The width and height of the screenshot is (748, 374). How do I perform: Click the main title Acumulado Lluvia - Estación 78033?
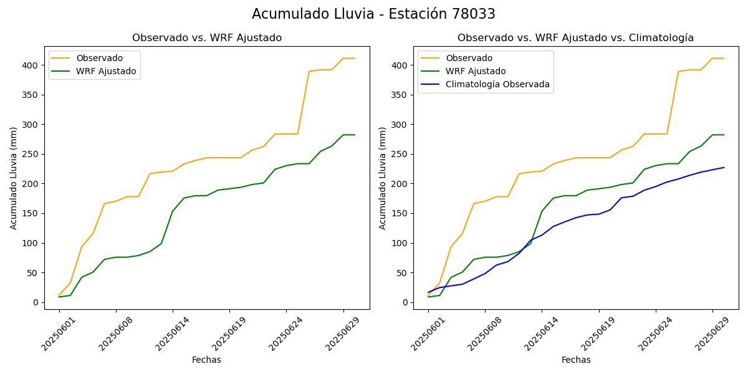pos(373,14)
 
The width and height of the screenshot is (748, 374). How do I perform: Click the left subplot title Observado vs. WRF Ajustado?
pos(207,38)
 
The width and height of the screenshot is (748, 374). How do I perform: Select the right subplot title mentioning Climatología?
pos(575,38)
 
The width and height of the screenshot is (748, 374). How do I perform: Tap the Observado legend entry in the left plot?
pos(99,59)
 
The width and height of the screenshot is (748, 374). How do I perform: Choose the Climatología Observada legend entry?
pos(497,85)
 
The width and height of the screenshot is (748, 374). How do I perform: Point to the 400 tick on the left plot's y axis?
pos(31,65)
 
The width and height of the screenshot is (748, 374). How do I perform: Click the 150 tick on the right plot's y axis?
pos(400,214)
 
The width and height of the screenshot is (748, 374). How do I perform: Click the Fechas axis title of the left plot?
pos(206,360)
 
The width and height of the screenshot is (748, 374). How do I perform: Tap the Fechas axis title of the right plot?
pos(576,360)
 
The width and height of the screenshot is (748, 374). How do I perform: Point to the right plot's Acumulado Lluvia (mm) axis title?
pos(383,178)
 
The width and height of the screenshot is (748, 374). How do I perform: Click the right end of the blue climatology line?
pos(724,167)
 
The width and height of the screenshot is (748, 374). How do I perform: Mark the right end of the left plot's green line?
pos(355,135)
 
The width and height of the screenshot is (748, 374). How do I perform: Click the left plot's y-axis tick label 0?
pos(36,303)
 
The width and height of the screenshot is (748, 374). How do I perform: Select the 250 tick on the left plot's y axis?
pos(31,155)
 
